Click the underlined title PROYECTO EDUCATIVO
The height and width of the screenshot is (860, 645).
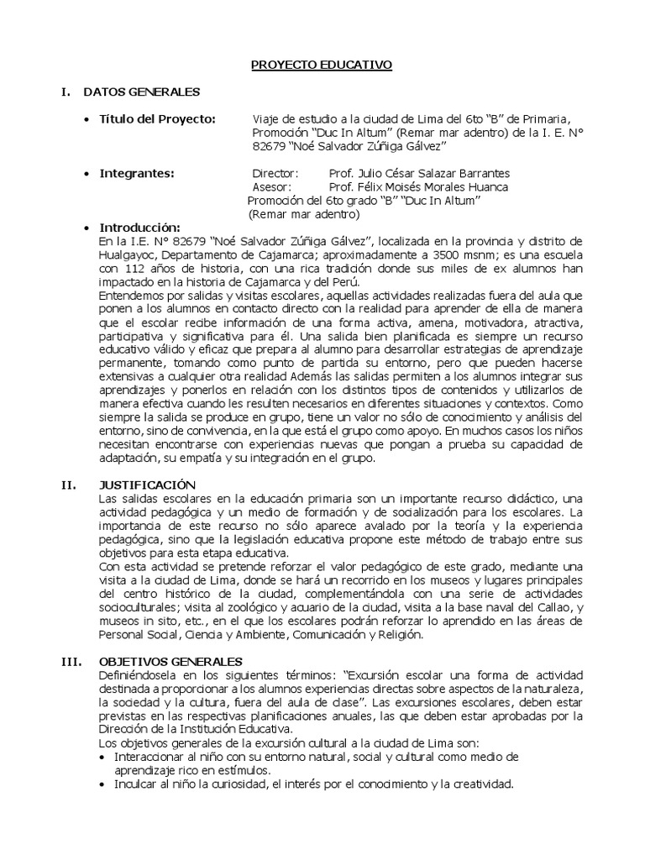pyautogui.click(x=322, y=65)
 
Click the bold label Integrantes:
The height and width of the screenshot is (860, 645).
pyautogui.click(x=137, y=173)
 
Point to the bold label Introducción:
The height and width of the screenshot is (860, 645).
pyautogui.click(x=140, y=228)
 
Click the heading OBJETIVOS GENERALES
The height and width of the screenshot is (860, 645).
pyautogui.click(x=170, y=661)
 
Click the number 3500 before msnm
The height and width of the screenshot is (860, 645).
pyautogui.click(x=490, y=254)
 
